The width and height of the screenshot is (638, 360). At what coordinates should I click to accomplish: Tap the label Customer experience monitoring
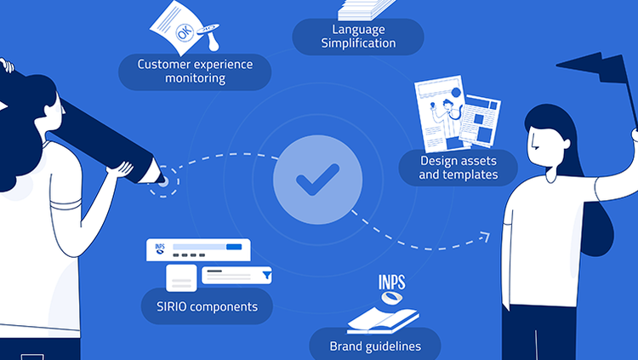195,71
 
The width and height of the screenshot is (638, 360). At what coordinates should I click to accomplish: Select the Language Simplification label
359,36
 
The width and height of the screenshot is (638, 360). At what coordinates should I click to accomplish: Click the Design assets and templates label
459,168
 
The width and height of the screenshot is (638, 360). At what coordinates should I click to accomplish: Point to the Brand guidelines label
375,346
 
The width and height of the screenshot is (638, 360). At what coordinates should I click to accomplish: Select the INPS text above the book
395,282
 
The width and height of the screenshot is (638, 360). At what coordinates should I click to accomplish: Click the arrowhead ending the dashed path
488,235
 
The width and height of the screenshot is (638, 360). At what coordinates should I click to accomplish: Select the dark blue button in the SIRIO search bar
234,247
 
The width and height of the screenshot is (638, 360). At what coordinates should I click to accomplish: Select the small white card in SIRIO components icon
180,277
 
